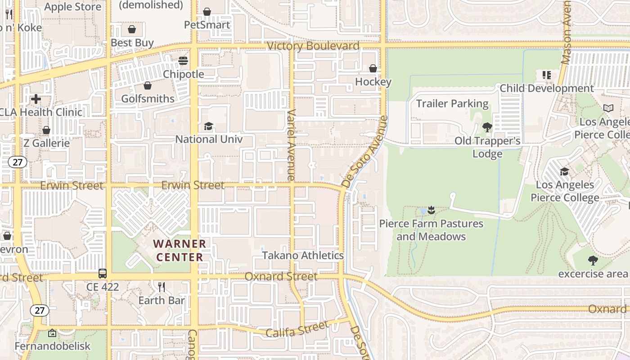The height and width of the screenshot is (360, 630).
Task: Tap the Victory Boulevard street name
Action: tap(313, 46)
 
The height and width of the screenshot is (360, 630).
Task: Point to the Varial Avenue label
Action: tap(291, 145)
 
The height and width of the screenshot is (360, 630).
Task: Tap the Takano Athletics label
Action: tap(303, 256)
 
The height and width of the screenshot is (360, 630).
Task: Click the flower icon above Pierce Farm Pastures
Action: tap(432, 210)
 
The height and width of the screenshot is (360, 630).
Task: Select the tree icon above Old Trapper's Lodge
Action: tap(487, 127)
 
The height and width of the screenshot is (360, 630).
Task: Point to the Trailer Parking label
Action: tap(452, 103)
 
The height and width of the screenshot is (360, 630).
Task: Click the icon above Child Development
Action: tap(547, 75)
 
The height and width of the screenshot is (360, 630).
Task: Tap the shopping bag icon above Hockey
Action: tap(373, 68)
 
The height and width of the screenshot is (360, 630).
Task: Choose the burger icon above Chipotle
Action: tap(183, 61)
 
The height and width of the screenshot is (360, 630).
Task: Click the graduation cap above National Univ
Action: tap(208, 126)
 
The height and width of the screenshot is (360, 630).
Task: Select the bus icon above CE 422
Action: tap(103, 273)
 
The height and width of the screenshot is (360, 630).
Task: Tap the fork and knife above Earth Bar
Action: tap(162, 287)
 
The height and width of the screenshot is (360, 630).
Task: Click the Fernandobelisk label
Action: tap(52, 346)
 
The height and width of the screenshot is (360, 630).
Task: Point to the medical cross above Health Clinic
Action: tap(36, 99)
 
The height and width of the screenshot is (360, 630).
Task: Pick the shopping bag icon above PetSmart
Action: tap(207, 12)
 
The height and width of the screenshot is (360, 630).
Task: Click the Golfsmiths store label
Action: tap(148, 99)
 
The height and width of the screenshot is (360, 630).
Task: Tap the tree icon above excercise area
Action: tap(593, 260)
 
